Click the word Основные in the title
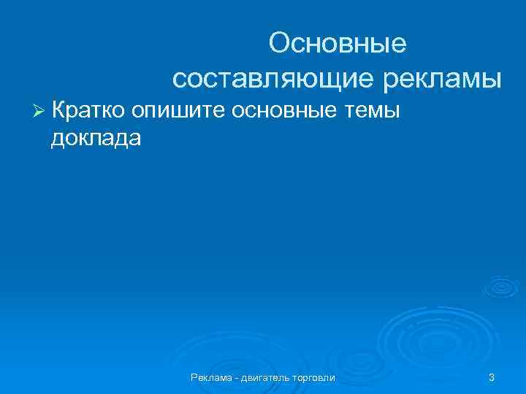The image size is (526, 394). [x=337, y=44]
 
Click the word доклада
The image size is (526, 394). [x=96, y=138]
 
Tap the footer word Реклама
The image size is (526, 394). [x=212, y=377]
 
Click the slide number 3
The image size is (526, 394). [x=492, y=377]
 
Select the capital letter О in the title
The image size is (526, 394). [x=279, y=44]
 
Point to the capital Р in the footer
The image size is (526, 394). [x=194, y=377]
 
